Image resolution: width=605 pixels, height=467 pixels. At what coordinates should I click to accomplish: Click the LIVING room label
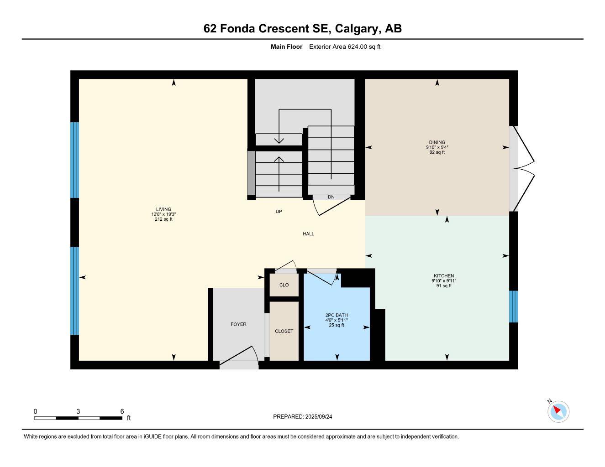[x=163, y=209]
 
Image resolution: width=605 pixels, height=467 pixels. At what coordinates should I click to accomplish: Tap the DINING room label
[x=437, y=142]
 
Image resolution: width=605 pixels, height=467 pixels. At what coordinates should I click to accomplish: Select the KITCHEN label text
[x=444, y=276]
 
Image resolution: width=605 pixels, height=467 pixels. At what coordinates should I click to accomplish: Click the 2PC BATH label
[x=337, y=315]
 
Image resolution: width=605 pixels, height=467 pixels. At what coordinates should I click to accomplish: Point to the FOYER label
[x=238, y=324]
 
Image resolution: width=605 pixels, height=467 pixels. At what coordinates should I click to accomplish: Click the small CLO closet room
[x=284, y=285]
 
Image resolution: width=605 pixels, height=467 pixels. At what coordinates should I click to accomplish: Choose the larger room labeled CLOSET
[x=284, y=331]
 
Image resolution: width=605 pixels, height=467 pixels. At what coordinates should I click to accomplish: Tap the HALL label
[x=308, y=234]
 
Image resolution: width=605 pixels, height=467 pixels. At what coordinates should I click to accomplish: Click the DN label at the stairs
[x=331, y=197]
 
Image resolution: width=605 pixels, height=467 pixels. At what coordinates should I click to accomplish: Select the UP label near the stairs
[x=279, y=212]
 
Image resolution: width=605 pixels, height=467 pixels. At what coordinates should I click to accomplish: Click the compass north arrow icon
[x=558, y=411]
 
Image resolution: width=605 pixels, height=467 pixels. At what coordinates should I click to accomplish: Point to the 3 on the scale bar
[x=79, y=411]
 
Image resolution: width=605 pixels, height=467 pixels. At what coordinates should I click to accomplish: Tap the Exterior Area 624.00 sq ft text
[x=345, y=47]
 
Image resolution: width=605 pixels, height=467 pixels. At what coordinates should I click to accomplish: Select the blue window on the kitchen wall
[x=513, y=306]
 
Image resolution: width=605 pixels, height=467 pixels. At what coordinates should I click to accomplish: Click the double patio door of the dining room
[x=523, y=168]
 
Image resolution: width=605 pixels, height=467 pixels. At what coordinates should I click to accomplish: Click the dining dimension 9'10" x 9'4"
[x=437, y=147]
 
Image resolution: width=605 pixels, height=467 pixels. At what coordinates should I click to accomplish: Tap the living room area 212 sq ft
[x=163, y=219]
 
